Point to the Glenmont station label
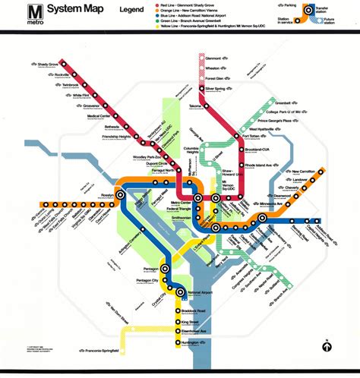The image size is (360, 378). point(216,57)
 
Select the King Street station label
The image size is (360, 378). point(197,321)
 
